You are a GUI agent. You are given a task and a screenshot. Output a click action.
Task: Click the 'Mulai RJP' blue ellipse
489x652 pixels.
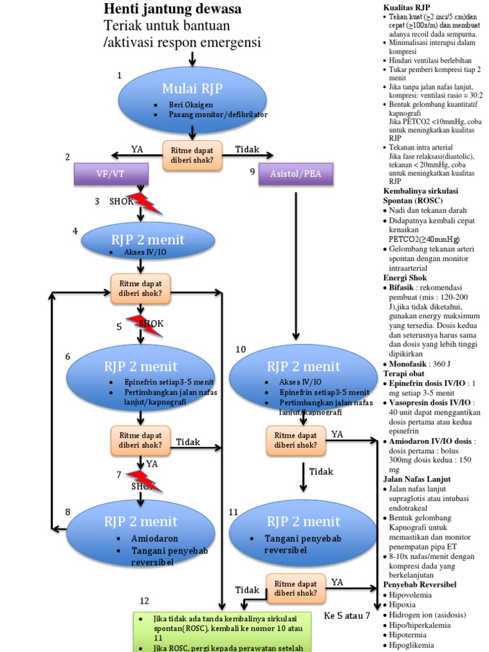click(193, 96)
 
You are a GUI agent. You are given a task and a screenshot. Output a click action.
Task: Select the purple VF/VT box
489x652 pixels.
click(111, 174)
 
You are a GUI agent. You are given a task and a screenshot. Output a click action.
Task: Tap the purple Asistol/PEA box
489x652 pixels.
click(296, 174)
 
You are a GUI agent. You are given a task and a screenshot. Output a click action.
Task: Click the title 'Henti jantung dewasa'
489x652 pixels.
click(173, 10)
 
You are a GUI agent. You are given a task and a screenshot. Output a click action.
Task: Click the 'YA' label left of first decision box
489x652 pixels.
click(138, 149)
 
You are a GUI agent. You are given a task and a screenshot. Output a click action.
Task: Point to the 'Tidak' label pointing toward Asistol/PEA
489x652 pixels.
click(247, 149)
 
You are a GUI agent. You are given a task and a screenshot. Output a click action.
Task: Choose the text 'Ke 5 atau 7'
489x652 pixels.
click(347, 615)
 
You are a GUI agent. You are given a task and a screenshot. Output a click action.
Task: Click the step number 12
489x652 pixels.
click(145, 601)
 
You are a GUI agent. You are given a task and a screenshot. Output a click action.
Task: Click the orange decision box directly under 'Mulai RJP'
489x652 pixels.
click(192, 155)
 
